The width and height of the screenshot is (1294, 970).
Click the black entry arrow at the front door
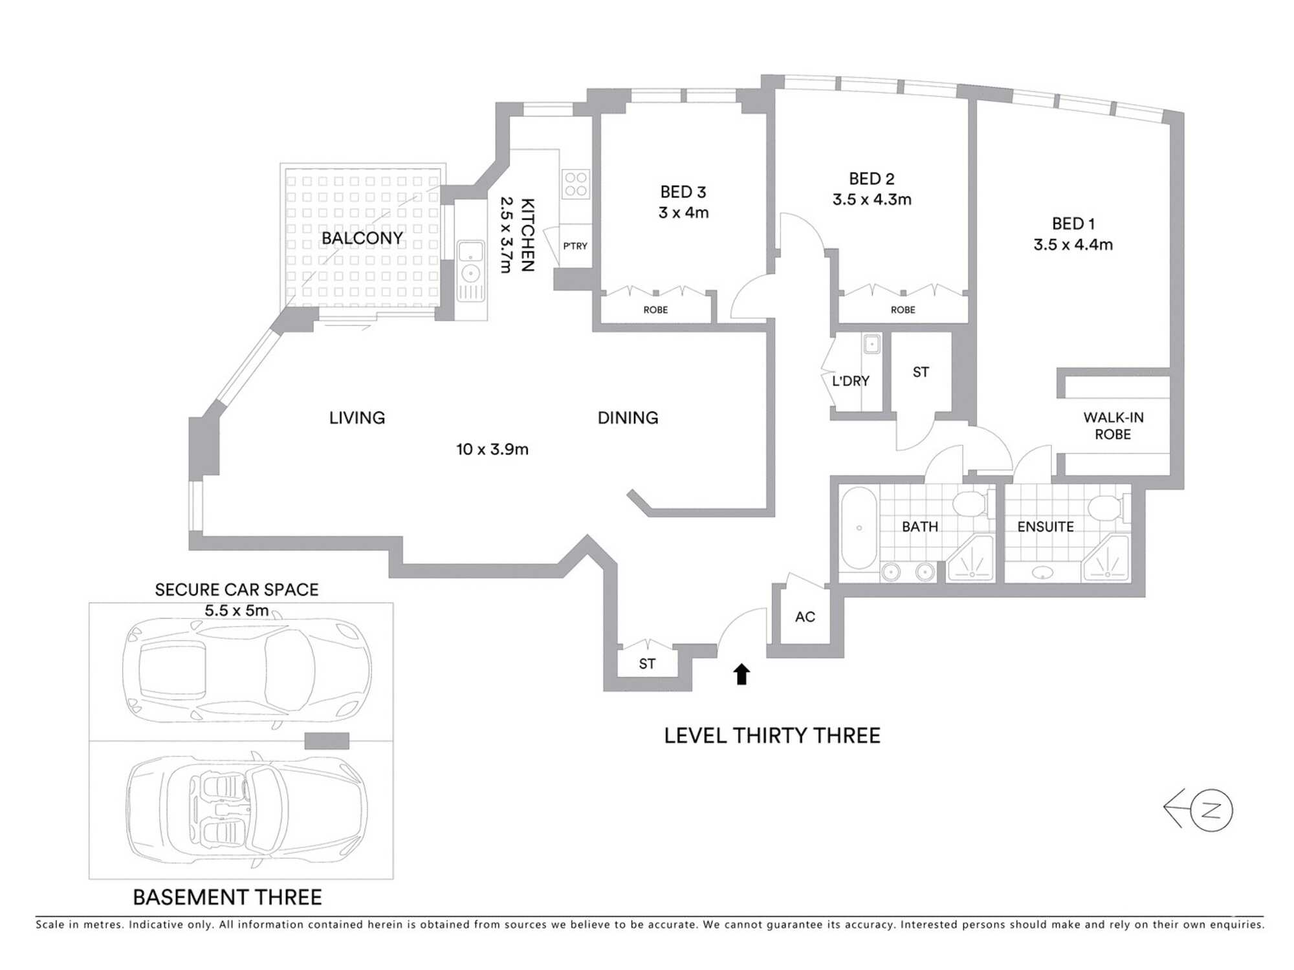[x=741, y=674]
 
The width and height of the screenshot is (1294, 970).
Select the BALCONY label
[x=362, y=238]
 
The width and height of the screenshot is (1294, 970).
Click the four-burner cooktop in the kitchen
[x=575, y=184]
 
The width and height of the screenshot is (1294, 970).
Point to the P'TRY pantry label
[x=575, y=246]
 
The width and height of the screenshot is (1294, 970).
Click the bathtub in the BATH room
[x=859, y=528]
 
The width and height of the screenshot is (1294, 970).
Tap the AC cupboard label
[x=805, y=617]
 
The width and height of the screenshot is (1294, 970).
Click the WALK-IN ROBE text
[x=1113, y=426]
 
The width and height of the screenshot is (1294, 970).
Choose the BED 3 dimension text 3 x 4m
[x=683, y=213]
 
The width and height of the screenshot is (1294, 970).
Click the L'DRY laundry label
[x=850, y=381]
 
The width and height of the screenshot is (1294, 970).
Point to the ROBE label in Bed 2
[x=903, y=310]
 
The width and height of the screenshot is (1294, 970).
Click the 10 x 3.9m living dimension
[x=492, y=449]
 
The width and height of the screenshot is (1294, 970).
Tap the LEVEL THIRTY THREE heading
[x=772, y=736]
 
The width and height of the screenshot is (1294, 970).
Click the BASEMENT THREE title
[x=227, y=897]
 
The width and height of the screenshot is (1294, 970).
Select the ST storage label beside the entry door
[x=646, y=663]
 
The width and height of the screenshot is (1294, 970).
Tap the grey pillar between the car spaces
[x=327, y=740]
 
